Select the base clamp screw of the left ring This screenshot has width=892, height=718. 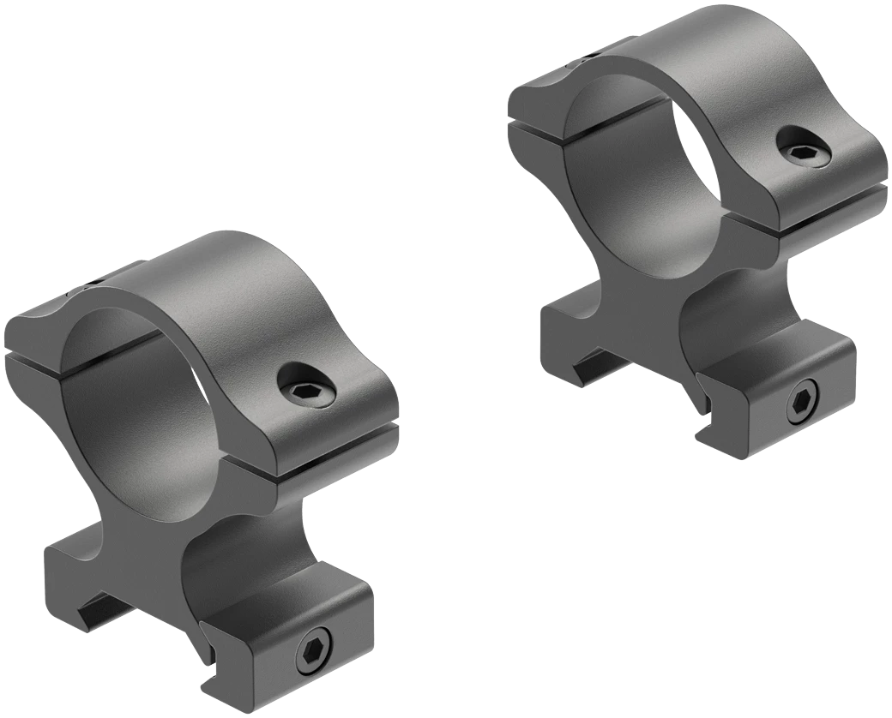pos(315,654)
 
